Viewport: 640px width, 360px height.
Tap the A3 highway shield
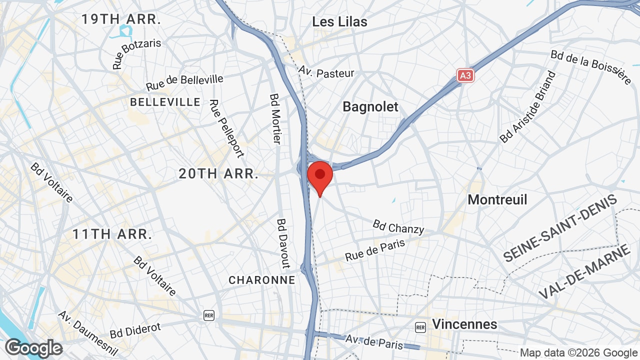click(x=465, y=75)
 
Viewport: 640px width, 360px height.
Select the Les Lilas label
click(x=339, y=22)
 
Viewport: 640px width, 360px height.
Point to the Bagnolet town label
click(x=370, y=106)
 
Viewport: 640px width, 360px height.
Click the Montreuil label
click(x=497, y=199)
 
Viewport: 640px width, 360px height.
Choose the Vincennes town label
click(x=464, y=324)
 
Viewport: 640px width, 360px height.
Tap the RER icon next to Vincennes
click(x=420, y=327)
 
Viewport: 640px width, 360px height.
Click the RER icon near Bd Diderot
click(x=209, y=315)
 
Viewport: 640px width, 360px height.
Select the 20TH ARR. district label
click(x=218, y=174)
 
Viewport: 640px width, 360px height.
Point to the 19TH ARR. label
click(x=121, y=19)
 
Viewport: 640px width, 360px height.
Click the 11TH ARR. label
click(x=112, y=234)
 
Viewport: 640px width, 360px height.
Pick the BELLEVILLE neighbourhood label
click(x=165, y=102)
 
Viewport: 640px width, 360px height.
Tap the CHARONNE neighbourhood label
click(x=262, y=280)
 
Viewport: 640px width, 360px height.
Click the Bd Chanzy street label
click(x=398, y=226)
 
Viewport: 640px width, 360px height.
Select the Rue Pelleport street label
click(x=226, y=128)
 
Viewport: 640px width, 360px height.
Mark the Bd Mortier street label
click(x=275, y=118)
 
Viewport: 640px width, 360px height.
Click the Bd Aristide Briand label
click(x=528, y=107)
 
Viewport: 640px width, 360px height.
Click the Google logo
click(x=33, y=348)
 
